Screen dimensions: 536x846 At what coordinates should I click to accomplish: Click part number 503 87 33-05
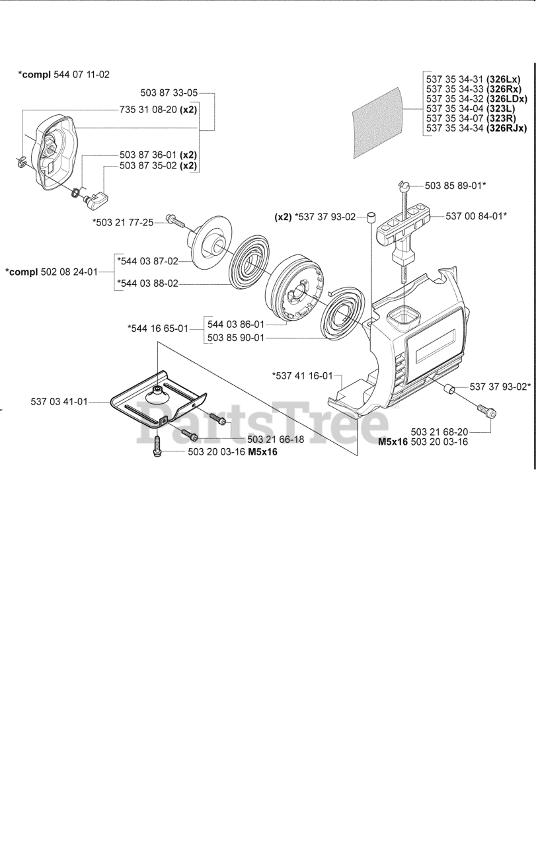169,93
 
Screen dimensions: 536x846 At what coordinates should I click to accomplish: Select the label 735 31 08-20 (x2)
158,110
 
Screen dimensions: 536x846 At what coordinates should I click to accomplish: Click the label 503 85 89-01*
455,186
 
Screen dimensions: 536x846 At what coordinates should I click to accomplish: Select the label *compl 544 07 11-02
63,75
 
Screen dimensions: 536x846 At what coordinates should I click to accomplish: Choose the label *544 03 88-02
147,284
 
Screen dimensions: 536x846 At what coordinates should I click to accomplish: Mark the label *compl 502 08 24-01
51,272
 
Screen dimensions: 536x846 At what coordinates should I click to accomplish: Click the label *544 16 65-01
158,328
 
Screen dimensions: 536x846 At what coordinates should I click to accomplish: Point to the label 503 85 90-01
235,337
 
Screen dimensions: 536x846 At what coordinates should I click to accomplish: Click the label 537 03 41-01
59,401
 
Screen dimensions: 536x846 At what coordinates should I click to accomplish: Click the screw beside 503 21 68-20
491,414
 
